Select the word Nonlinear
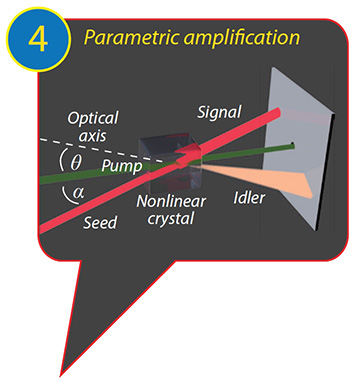pos(169,205)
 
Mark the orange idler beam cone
pos(280,180)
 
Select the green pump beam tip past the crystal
pos(285,148)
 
